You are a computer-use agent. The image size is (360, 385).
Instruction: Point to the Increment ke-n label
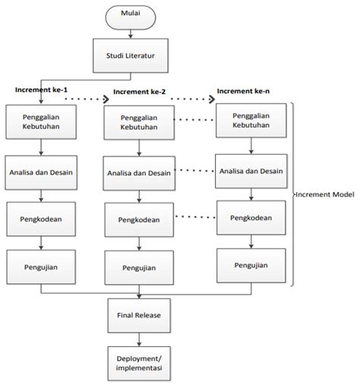(x=242, y=92)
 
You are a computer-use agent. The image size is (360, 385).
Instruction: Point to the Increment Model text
(x=327, y=194)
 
